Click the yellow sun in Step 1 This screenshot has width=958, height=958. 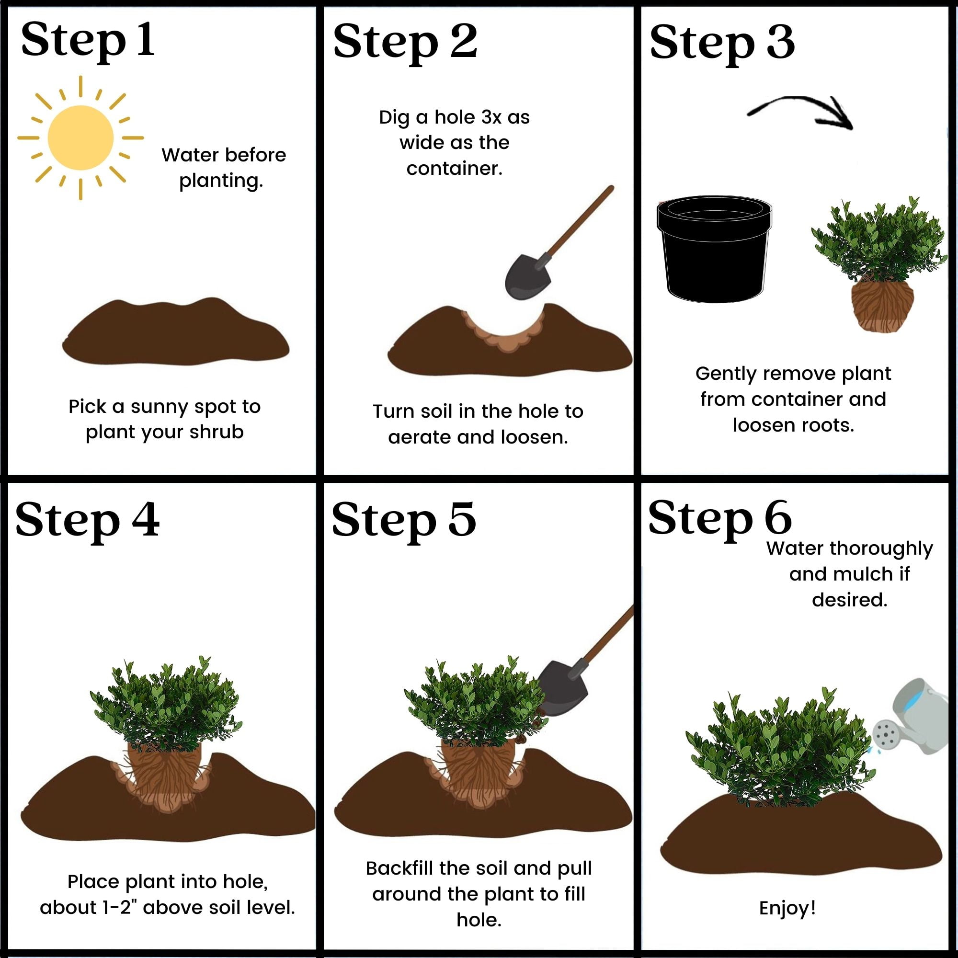(80, 138)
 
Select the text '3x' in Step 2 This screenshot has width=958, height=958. (491, 117)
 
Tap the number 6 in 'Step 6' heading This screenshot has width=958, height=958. (778, 517)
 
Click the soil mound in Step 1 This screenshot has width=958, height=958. (175, 332)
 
